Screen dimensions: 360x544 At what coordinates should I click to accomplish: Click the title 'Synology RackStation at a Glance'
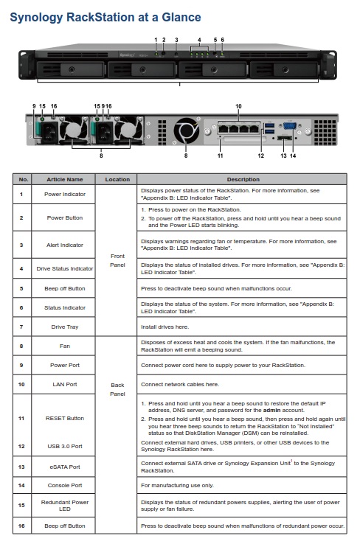[x=105, y=18]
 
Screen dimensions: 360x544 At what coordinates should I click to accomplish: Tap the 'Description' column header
[x=243, y=179]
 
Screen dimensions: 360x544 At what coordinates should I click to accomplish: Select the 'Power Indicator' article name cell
[x=65, y=195]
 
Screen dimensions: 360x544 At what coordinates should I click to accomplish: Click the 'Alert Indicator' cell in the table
[x=65, y=245]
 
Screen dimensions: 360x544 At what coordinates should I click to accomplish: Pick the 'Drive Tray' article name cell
[x=65, y=327]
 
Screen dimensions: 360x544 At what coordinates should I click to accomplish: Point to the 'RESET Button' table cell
[x=65, y=419]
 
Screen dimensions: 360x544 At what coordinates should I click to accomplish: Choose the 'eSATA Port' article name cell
[x=65, y=467]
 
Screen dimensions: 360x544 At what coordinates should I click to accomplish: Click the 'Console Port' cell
[x=65, y=485]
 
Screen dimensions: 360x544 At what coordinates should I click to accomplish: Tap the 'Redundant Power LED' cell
[x=65, y=506]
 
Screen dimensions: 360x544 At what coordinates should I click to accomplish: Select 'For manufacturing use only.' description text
[x=177, y=485]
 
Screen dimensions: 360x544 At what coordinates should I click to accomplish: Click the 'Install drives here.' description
[x=165, y=327]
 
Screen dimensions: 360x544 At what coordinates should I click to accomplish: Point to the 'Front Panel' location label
[x=117, y=260]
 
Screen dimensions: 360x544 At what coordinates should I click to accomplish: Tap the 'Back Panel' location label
[x=117, y=389]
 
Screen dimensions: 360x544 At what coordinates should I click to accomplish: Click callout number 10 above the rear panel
[x=238, y=106]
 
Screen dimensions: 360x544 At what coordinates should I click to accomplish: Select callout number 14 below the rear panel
[x=293, y=156]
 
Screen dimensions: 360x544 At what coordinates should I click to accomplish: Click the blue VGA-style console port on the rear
[x=290, y=125]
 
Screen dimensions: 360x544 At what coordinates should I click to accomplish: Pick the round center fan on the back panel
[x=187, y=130]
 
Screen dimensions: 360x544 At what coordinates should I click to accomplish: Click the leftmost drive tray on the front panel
[x=71, y=70]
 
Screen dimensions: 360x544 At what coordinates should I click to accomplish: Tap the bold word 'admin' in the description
[x=271, y=410]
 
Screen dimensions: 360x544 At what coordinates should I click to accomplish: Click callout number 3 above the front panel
[x=176, y=40]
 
